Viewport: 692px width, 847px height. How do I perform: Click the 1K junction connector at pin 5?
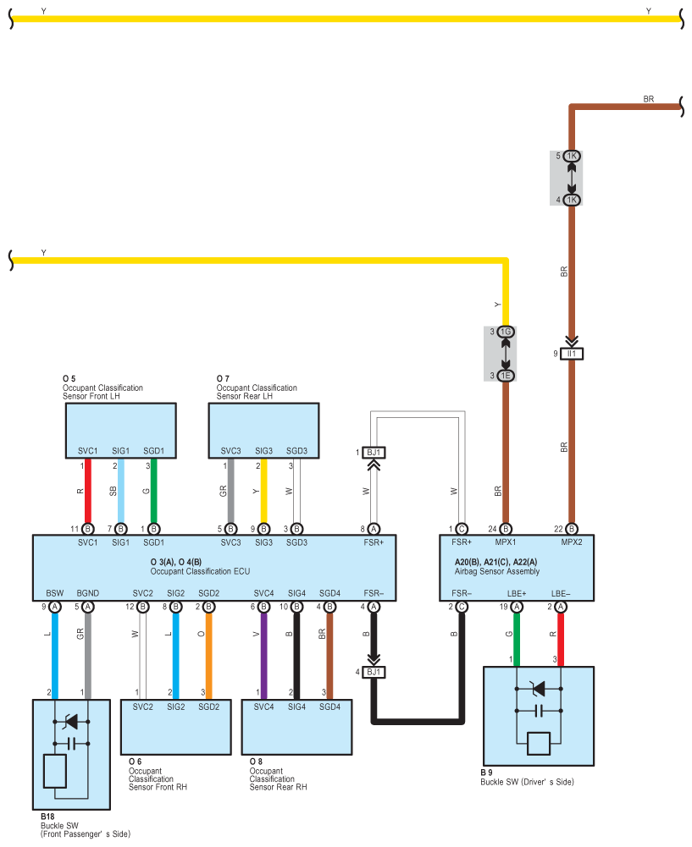572,156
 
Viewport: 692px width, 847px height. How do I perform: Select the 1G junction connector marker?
506,332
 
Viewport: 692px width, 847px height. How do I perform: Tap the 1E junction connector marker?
506,376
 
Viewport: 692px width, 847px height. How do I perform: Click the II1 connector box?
572,354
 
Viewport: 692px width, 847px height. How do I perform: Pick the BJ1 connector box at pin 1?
374,453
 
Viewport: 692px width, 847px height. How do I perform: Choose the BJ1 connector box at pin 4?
374,672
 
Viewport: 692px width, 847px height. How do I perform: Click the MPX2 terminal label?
572,542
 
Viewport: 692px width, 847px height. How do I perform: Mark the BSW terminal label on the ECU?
54,593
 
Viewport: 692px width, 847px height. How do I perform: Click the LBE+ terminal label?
517,593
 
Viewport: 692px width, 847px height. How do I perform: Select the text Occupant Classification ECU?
200,571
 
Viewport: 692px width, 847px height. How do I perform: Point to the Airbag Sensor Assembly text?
497,571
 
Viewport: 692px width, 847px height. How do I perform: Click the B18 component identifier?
47,817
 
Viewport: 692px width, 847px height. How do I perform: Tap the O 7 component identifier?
223,379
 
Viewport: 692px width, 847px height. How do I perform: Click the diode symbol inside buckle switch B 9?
539,689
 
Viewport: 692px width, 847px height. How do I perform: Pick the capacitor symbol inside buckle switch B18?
71,744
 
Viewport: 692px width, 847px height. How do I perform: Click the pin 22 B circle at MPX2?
572,529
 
